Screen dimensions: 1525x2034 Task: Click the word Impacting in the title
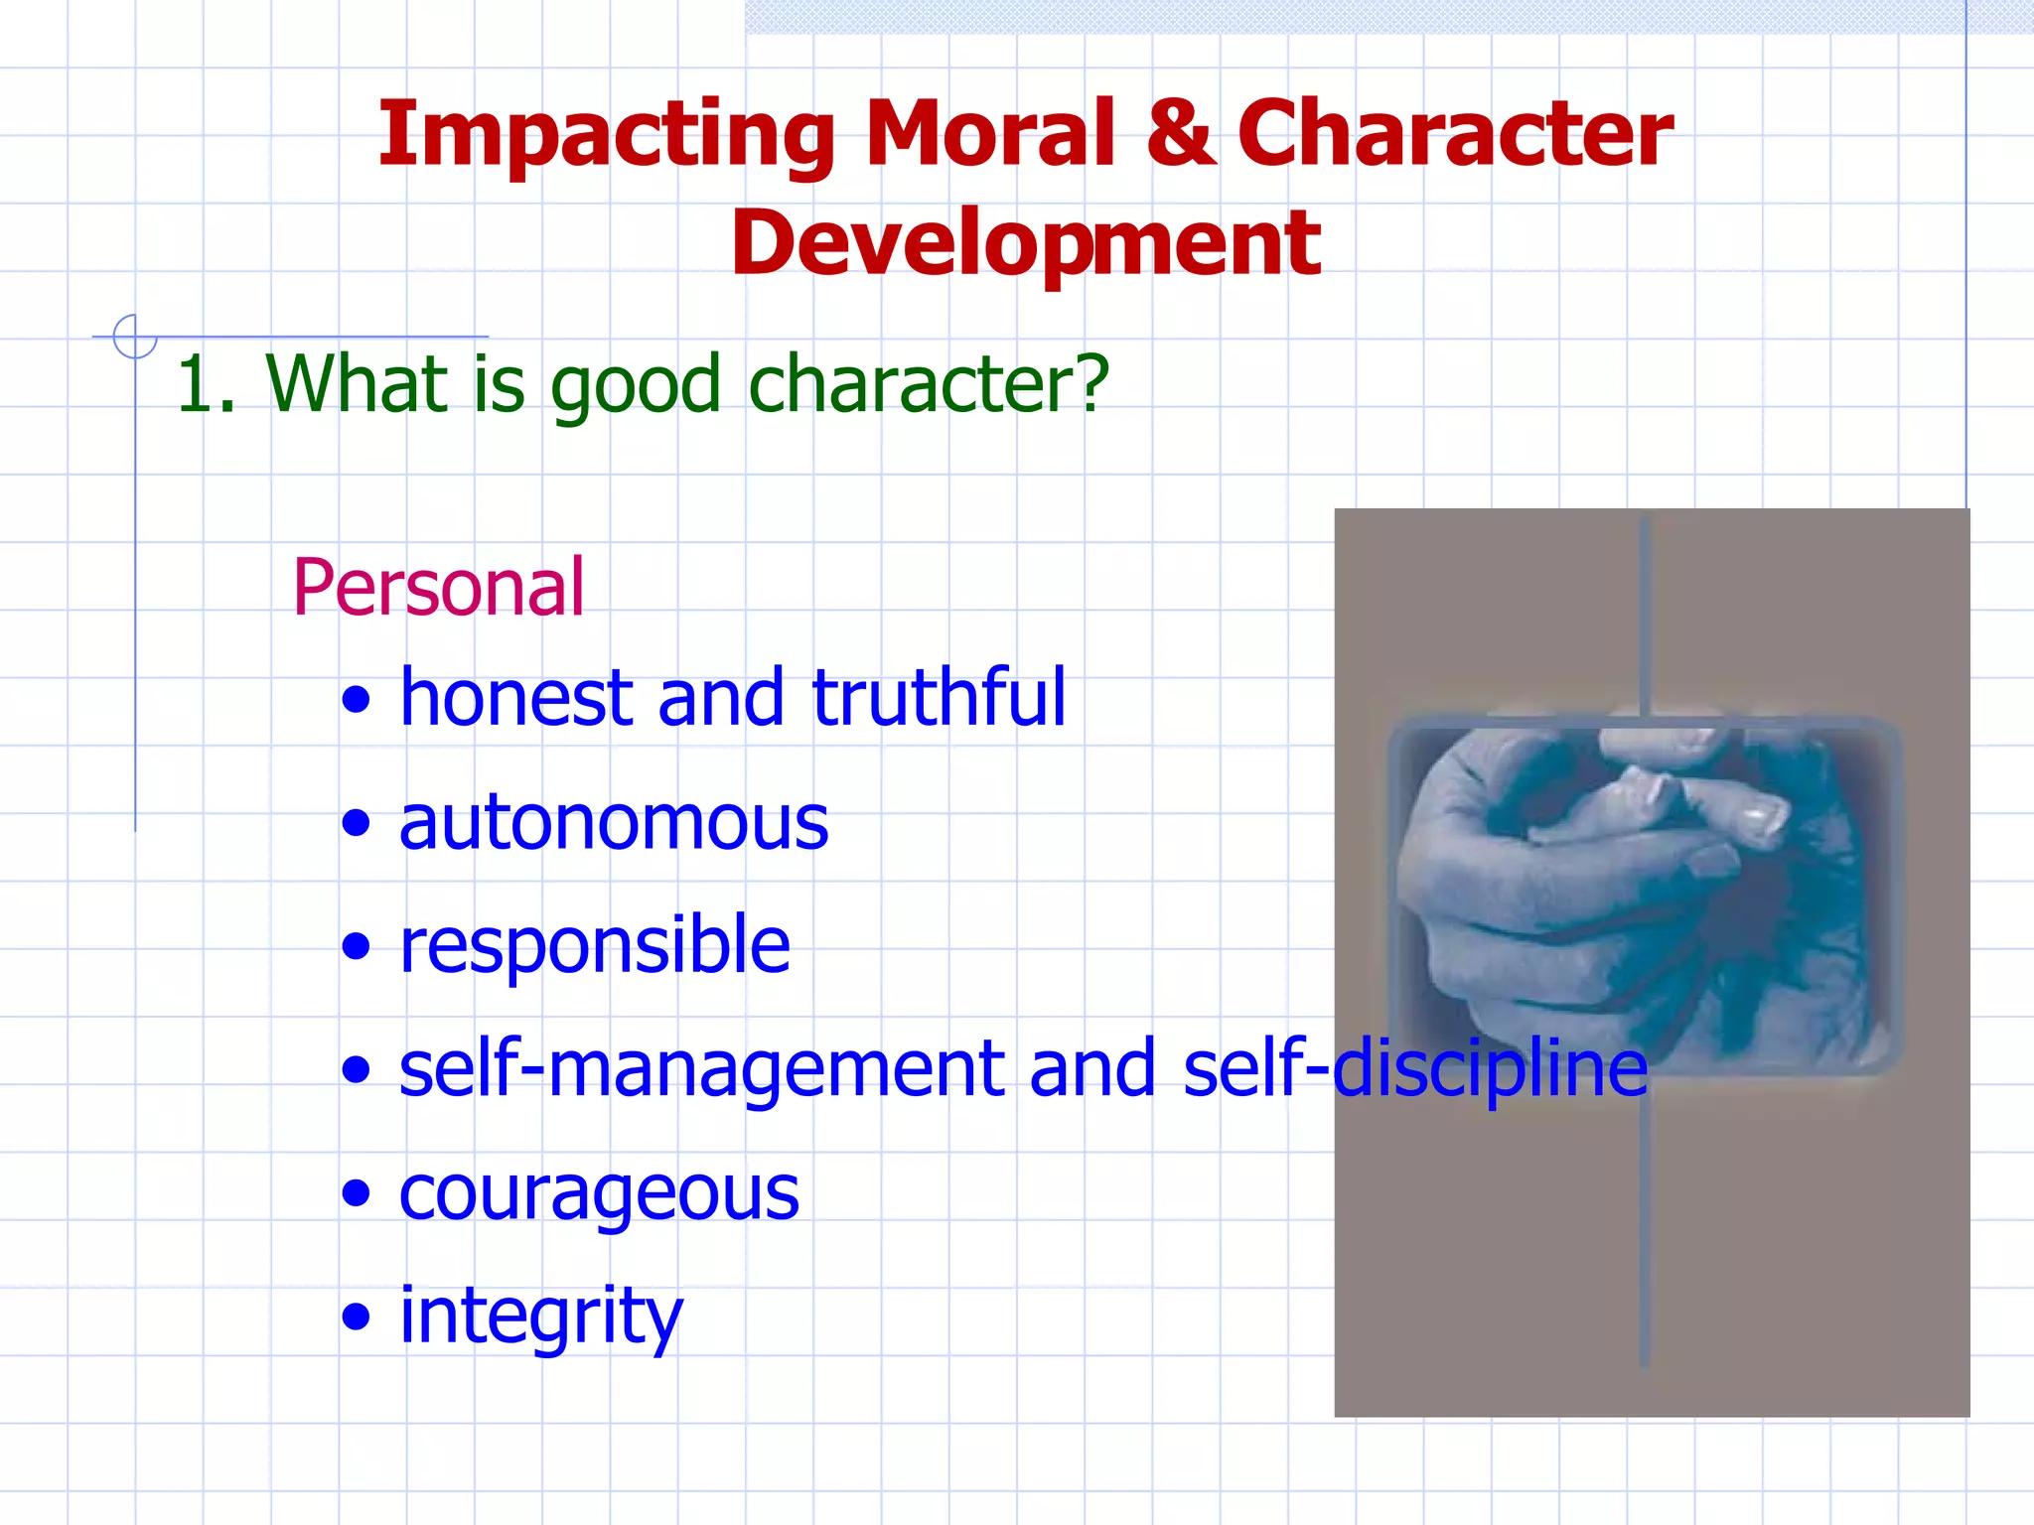[x=606, y=136]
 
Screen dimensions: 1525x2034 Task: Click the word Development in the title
[x=1025, y=245]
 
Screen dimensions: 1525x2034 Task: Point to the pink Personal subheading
[x=438, y=588]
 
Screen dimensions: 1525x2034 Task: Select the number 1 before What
[x=194, y=385]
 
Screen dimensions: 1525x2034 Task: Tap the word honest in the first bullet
[x=515, y=698]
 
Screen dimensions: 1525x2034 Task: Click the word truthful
[x=939, y=698]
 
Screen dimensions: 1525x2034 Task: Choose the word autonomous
[x=613, y=823]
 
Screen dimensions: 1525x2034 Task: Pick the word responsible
[x=594, y=945]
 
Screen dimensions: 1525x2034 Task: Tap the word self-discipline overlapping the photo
[x=1415, y=1069]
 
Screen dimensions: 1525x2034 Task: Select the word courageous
[x=599, y=1193]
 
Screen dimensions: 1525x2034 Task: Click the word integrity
[x=541, y=1317]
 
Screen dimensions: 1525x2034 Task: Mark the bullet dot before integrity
[x=356, y=1318]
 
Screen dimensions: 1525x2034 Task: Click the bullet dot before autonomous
[x=356, y=823]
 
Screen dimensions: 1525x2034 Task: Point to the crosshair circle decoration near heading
[x=135, y=337]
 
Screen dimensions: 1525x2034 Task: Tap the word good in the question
[x=636, y=385]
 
